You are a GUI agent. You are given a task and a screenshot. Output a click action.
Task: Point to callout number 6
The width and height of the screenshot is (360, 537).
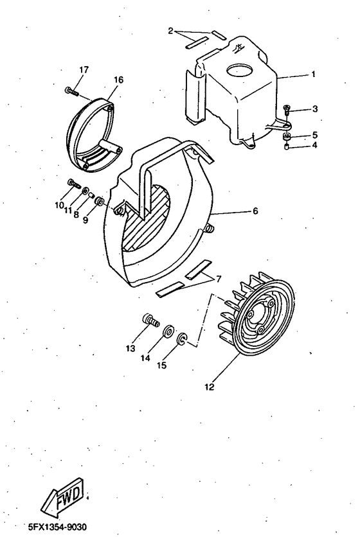tap(255, 211)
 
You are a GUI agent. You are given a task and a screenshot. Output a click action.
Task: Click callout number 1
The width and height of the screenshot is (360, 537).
tap(313, 75)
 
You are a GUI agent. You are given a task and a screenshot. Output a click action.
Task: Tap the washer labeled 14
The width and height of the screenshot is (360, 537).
tap(169, 330)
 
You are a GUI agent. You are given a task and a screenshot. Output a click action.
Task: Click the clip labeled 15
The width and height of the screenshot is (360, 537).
tap(182, 339)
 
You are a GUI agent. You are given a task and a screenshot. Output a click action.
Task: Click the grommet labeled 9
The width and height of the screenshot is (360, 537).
tap(100, 204)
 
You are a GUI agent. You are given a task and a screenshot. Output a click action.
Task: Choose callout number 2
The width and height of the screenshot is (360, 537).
tap(170, 30)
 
